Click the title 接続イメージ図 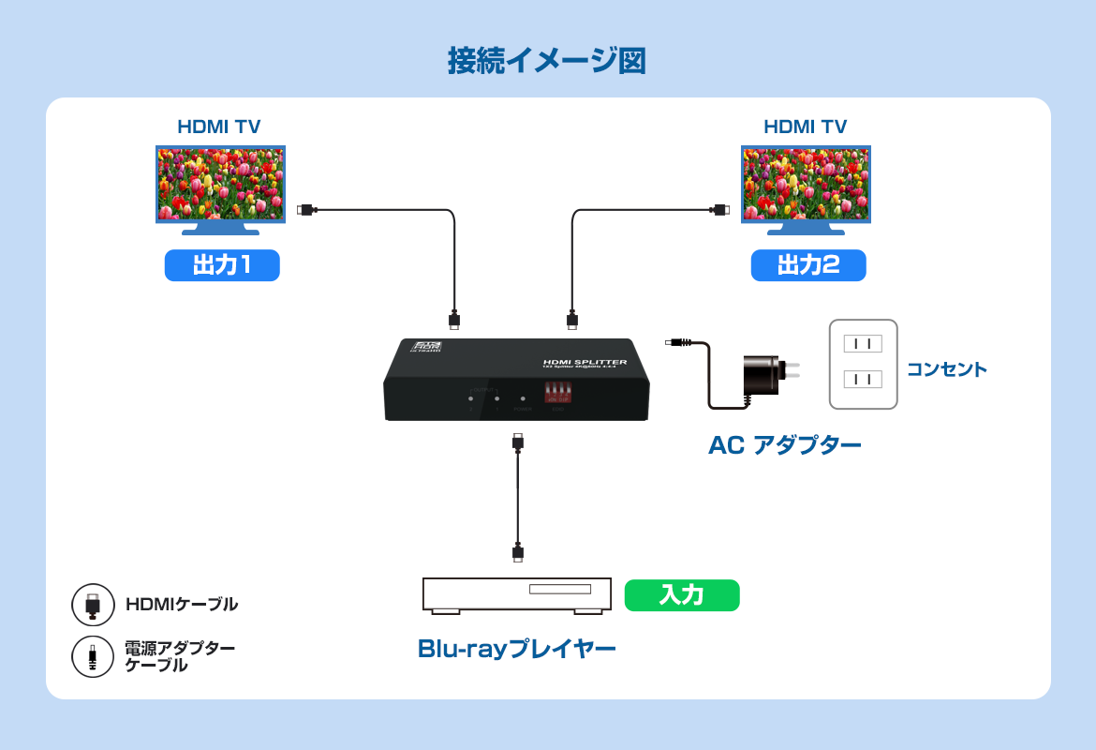pyautogui.click(x=547, y=61)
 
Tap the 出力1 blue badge pyautogui.click(x=222, y=265)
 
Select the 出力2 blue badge pyautogui.click(x=808, y=265)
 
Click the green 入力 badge pyautogui.click(x=682, y=595)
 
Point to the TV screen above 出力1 pyautogui.click(x=220, y=183)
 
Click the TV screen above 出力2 pyautogui.click(x=806, y=183)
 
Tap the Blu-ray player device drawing pyautogui.click(x=517, y=595)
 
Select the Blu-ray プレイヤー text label pyautogui.click(x=517, y=649)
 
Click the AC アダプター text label pyautogui.click(x=785, y=445)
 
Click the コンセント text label pyautogui.click(x=946, y=369)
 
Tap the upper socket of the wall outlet pyautogui.click(x=863, y=343)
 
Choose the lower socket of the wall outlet pyautogui.click(x=863, y=379)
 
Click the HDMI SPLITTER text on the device pyautogui.click(x=585, y=362)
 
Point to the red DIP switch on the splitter pyautogui.click(x=558, y=392)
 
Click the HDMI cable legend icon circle pyautogui.click(x=93, y=605)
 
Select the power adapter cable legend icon pyautogui.click(x=93, y=656)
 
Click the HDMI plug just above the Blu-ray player pyautogui.click(x=518, y=552)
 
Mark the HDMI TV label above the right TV pyautogui.click(x=806, y=127)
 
